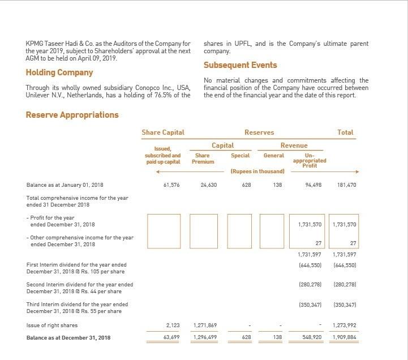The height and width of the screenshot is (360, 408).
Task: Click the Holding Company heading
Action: point(59,73)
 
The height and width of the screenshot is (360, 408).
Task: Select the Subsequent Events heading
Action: point(240,65)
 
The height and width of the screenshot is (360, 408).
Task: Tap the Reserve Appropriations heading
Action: point(72,115)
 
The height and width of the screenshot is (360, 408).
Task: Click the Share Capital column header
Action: point(163,132)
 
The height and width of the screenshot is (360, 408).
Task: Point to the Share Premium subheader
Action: point(202,158)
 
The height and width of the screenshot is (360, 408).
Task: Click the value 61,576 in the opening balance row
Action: point(171,185)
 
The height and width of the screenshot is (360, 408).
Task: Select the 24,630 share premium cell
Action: point(208,185)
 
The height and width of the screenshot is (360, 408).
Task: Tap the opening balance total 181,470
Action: point(346,185)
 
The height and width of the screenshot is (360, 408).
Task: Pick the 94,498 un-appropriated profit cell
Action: point(312,185)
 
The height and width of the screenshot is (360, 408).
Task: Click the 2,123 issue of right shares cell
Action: point(173,325)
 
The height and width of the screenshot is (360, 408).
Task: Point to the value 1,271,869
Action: point(204,325)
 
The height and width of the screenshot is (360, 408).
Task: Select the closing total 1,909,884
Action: point(344,338)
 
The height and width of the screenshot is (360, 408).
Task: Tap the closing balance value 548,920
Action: point(312,338)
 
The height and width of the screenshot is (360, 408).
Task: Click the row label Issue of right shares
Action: point(52,325)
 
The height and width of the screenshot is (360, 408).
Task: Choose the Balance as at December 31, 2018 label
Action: point(68,338)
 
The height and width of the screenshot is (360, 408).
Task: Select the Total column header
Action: point(345,132)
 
